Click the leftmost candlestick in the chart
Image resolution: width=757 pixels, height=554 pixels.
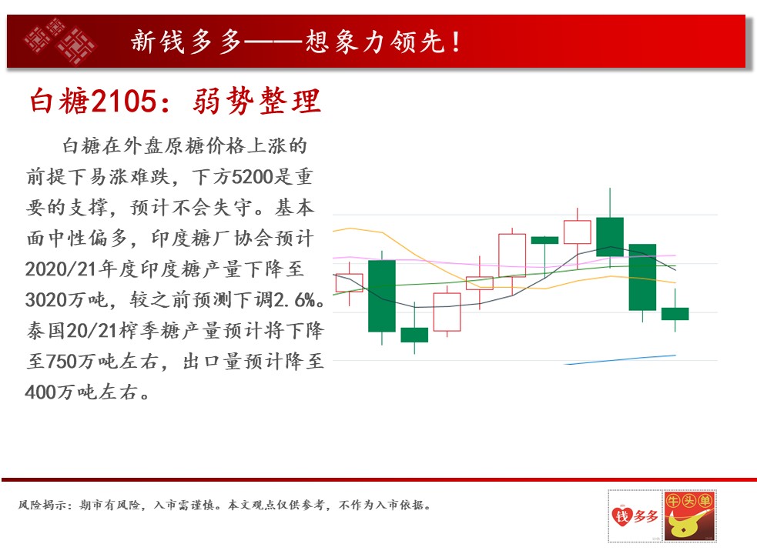coord(349,283)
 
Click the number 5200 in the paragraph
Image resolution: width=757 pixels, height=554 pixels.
coord(253,177)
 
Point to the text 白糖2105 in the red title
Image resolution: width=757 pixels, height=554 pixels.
coord(94,101)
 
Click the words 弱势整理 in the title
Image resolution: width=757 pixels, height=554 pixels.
coord(257,101)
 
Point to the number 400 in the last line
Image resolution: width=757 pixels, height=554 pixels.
coord(41,392)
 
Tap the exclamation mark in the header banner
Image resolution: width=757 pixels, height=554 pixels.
coord(456,42)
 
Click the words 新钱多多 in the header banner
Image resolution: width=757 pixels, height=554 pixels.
coord(186,42)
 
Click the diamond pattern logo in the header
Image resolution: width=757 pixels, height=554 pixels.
coord(60,41)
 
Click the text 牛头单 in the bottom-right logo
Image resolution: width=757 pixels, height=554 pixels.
coord(689,501)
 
